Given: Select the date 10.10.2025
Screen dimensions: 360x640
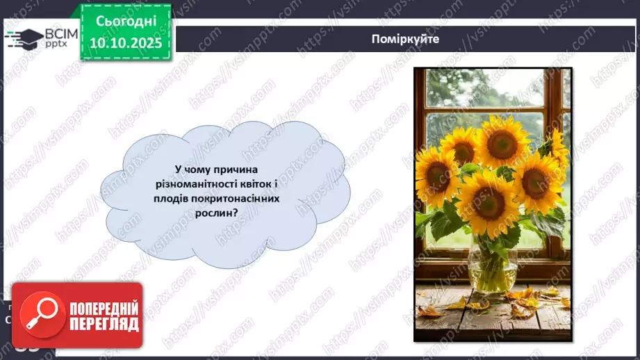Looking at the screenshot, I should click(x=125, y=42).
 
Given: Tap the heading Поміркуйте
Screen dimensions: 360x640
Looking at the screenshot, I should click(x=405, y=38).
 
